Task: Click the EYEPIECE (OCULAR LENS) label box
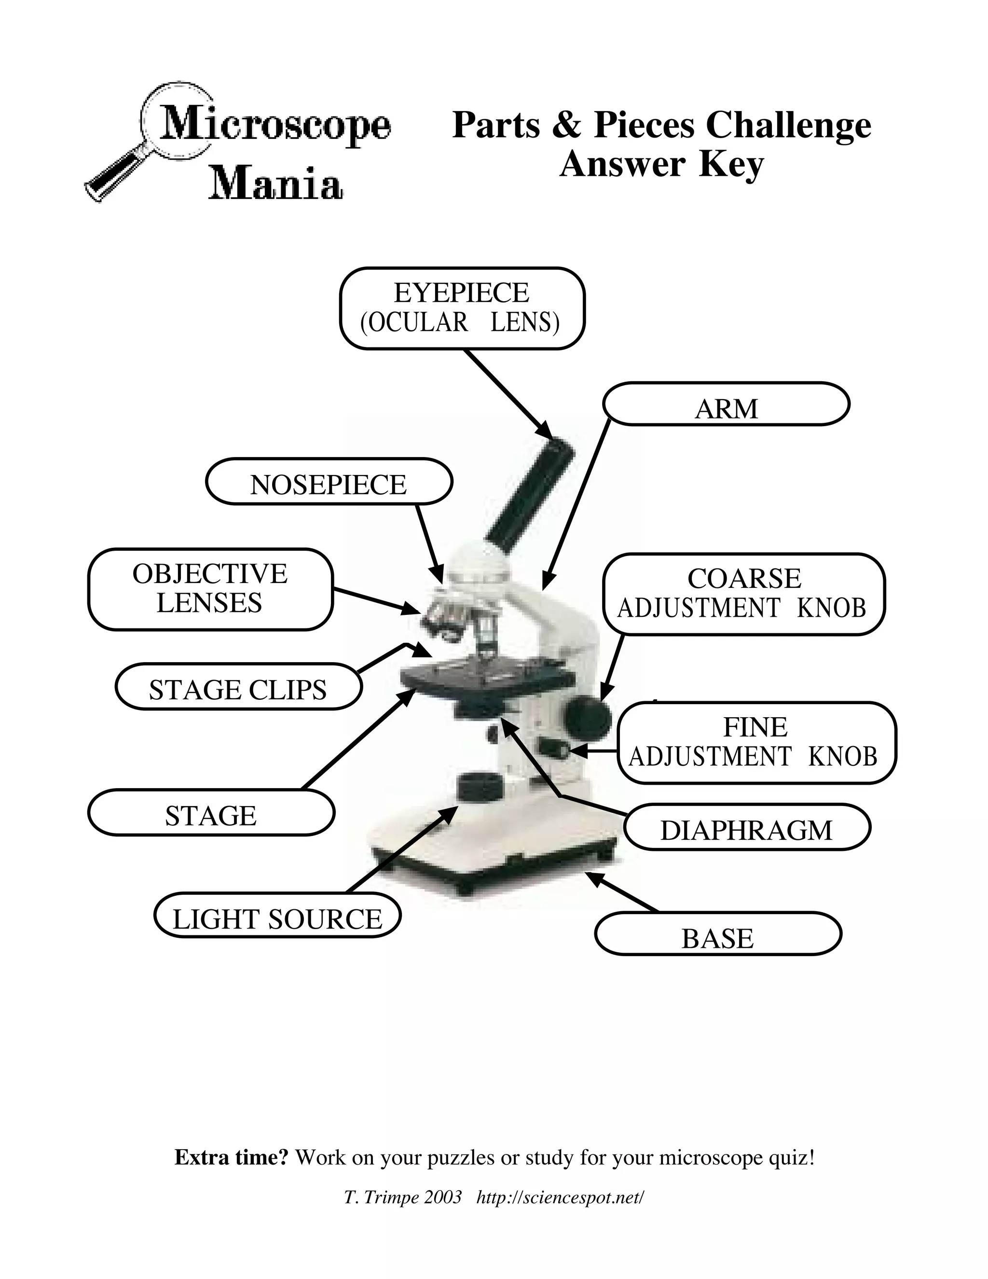coord(462,308)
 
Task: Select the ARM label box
coord(726,404)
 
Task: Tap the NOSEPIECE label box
coord(329,481)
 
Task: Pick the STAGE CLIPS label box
coord(238,686)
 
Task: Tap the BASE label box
coord(717,933)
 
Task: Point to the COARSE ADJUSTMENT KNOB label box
coord(743,594)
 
